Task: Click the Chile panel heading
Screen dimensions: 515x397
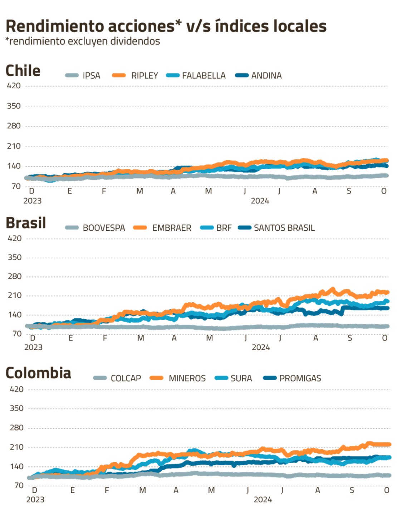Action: pos(23,71)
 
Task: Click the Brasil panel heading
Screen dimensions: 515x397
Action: pos(26,223)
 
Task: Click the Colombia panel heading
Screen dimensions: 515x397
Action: pos(38,373)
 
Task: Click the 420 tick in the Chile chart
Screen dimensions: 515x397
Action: pos(14,86)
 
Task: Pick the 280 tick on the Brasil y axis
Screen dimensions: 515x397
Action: pos(15,276)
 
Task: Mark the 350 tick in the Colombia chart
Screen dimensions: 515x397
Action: pos(16,408)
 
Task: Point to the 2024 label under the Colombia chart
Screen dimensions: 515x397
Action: pos(263,500)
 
